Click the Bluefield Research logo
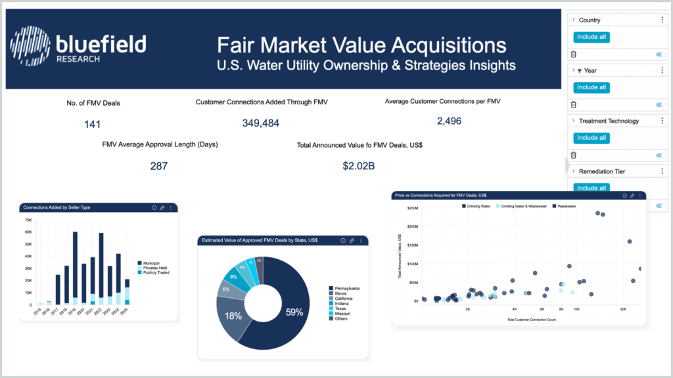[x=78, y=46]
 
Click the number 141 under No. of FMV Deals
[x=93, y=124]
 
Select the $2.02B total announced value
[x=358, y=166]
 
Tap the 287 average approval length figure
[x=158, y=166]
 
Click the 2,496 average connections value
[x=449, y=121]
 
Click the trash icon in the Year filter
[x=573, y=104]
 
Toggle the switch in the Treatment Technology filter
[x=661, y=155]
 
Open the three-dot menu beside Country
[x=662, y=20]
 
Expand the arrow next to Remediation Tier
[x=573, y=171]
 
